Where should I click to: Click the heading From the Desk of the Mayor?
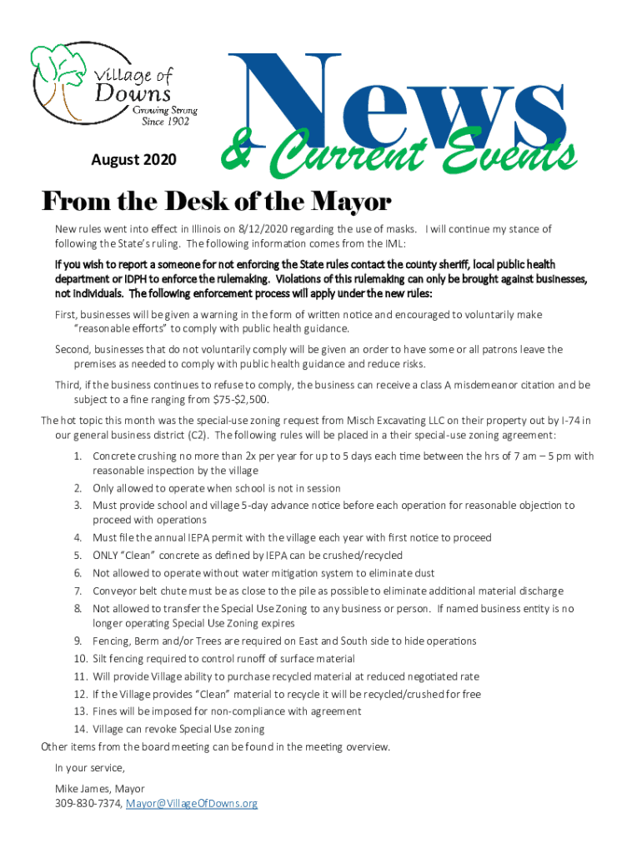(x=216, y=202)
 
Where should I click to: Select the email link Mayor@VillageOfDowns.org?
(x=191, y=803)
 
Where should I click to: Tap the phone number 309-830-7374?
(x=88, y=803)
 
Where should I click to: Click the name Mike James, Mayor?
(x=100, y=788)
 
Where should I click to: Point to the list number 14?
(x=80, y=729)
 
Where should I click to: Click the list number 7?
(x=77, y=591)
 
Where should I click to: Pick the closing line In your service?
(x=90, y=767)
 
